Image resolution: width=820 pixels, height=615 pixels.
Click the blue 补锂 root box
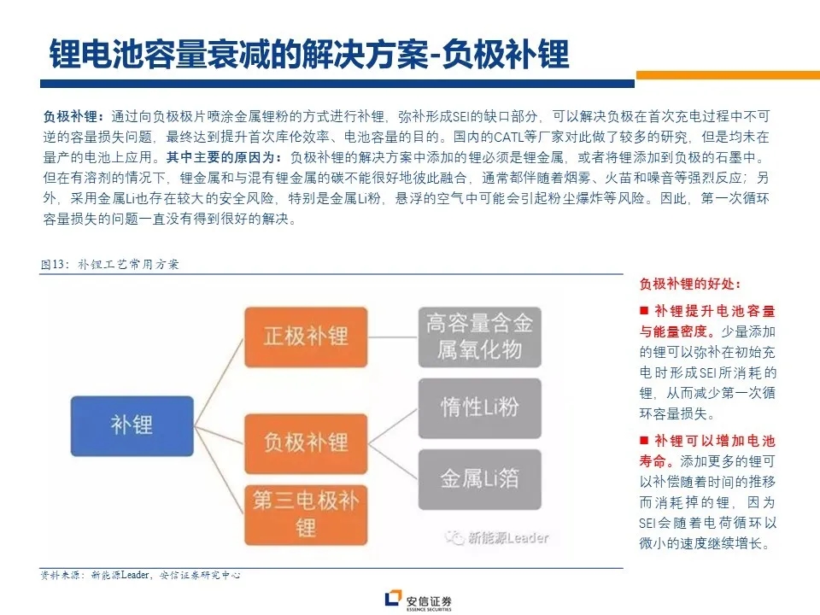(132, 425)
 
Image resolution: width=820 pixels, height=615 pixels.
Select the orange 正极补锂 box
(306, 337)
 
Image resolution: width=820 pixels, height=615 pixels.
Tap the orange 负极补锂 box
(306, 443)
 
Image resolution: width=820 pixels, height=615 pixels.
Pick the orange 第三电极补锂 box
(306, 515)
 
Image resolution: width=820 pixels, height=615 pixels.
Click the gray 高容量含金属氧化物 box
(479, 337)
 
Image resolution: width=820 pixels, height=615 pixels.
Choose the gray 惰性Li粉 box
(479, 408)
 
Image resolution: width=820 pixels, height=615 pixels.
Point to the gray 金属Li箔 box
(479, 479)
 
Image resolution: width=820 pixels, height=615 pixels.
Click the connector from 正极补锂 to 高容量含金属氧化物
(393, 337)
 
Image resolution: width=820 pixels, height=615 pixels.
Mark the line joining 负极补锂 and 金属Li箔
(393, 461)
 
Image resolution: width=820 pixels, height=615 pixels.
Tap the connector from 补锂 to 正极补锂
(220, 383)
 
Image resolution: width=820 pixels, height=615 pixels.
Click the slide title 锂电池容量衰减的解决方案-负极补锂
(309, 54)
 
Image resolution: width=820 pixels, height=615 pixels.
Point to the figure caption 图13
(53, 264)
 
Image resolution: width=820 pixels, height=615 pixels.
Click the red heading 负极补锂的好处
(690, 284)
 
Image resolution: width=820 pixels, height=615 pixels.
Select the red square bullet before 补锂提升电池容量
(644, 311)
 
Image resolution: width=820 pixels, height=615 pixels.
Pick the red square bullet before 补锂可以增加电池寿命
(644, 441)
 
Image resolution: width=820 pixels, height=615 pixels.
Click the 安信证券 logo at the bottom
(419, 600)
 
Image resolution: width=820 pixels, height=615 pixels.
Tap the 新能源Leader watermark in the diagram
(497, 537)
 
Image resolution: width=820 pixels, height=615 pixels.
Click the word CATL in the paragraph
(508, 137)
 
